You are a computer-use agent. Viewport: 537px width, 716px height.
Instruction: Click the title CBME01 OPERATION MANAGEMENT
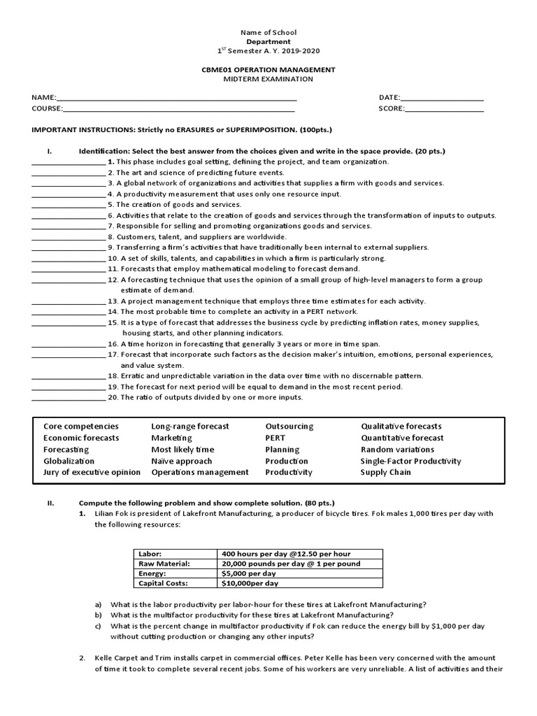pyautogui.click(x=268, y=70)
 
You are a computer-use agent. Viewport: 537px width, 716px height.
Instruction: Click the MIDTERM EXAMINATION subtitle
pyautogui.click(x=268, y=80)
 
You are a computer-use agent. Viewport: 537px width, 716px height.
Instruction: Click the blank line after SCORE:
pyautogui.click(x=444, y=110)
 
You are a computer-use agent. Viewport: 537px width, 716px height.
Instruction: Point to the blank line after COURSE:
pyautogui.click(x=178, y=110)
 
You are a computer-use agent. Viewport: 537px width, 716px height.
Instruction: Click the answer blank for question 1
pyautogui.click(x=68, y=163)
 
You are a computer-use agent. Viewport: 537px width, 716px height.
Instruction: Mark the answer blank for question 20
pyautogui.click(x=68, y=399)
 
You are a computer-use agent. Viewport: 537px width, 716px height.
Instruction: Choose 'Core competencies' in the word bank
pyautogui.click(x=81, y=427)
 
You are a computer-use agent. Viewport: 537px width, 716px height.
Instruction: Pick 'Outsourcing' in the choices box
pyautogui.click(x=289, y=427)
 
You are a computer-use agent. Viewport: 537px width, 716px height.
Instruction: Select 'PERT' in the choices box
pyautogui.click(x=275, y=438)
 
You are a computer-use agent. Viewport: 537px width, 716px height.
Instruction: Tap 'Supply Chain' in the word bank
pyautogui.click(x=386, y=473)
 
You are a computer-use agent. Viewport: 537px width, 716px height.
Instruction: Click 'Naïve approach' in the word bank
pyautogui.click(x=182, y=461)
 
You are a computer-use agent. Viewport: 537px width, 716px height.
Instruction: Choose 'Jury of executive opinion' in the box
pyautogui.click(x=92, y=473)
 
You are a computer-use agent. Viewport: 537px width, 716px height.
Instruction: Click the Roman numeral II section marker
pyautogui.click(x=50, y=503)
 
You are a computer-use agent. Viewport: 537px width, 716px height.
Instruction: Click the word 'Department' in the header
pyautogui.click(x=268, y=42)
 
